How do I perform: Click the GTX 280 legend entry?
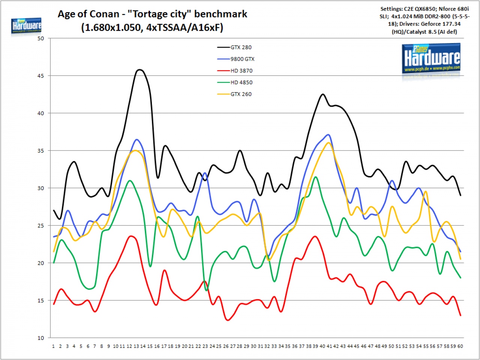pos(234,48)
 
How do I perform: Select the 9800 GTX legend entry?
pos(236,59)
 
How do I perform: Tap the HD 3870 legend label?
pos(241,71)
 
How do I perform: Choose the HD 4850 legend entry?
pos(235,82)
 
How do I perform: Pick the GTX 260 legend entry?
pos(234,94)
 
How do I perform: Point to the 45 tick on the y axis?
pos(41,76)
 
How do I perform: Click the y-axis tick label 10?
pos(41,338)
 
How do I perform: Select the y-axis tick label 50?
pos(41,39)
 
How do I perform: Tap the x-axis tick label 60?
pos(460,346)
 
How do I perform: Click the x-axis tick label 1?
pos(53,346)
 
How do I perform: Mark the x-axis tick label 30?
pos(253,346)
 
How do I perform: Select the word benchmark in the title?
pos(220,14)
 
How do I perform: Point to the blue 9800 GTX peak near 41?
pos(328,134)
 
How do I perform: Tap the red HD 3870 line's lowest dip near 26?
pos(228,320)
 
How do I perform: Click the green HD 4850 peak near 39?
pos(315,177)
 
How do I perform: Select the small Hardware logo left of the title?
pos(26,26)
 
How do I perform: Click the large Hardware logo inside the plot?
pos(431,58)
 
